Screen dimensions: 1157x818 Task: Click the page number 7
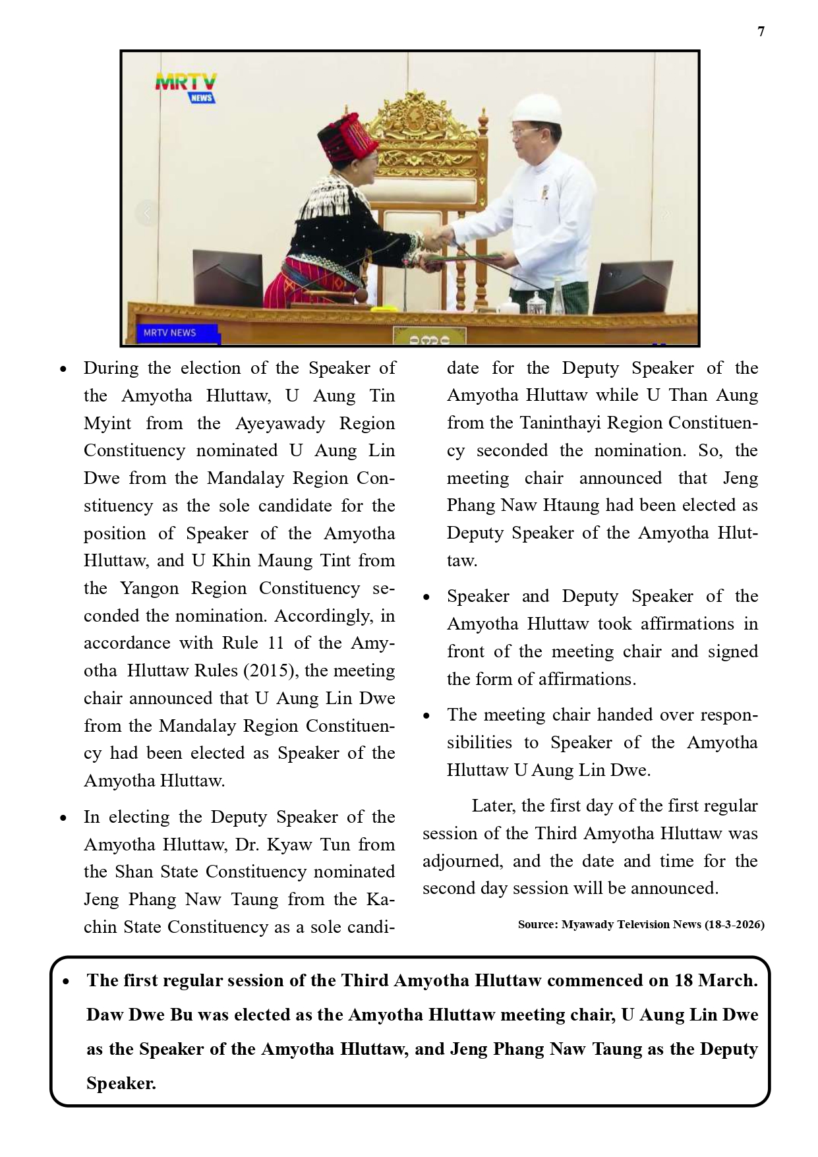click(761, 32)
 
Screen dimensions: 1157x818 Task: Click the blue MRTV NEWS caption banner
click(171, 333)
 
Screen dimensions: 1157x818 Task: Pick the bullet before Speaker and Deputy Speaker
click(427, 597)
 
